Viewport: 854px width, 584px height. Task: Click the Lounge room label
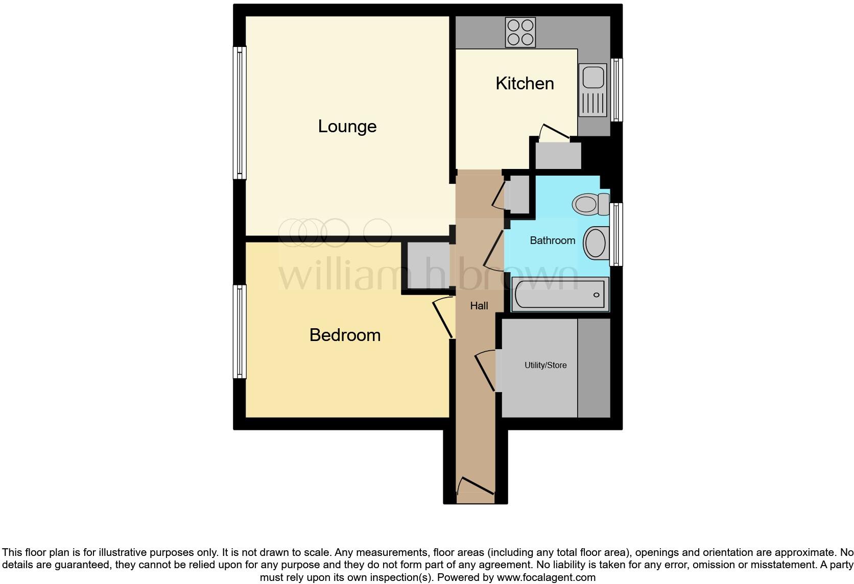(347, 127)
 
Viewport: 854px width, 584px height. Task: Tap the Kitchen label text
(525, 84)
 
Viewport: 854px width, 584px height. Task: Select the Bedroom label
(345, 335)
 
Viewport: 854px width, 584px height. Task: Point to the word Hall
(479, 306)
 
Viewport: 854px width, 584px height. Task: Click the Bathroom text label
(552, 240)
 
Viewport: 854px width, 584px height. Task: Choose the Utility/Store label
(545, 366)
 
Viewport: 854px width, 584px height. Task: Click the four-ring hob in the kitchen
(520, 32)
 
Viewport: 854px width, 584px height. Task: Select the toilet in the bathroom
(588, 204)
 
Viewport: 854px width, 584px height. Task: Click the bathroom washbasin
(595, 243)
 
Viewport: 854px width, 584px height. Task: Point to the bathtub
(560, 295)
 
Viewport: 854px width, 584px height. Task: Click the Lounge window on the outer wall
(240, 113)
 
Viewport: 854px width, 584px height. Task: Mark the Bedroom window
(240, 332)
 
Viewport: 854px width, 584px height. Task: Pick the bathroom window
(616, 234)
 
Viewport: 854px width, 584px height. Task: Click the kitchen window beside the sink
(617, 90)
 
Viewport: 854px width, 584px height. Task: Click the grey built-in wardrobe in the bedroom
(428, 265)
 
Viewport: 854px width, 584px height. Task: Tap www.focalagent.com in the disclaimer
(545, 578)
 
